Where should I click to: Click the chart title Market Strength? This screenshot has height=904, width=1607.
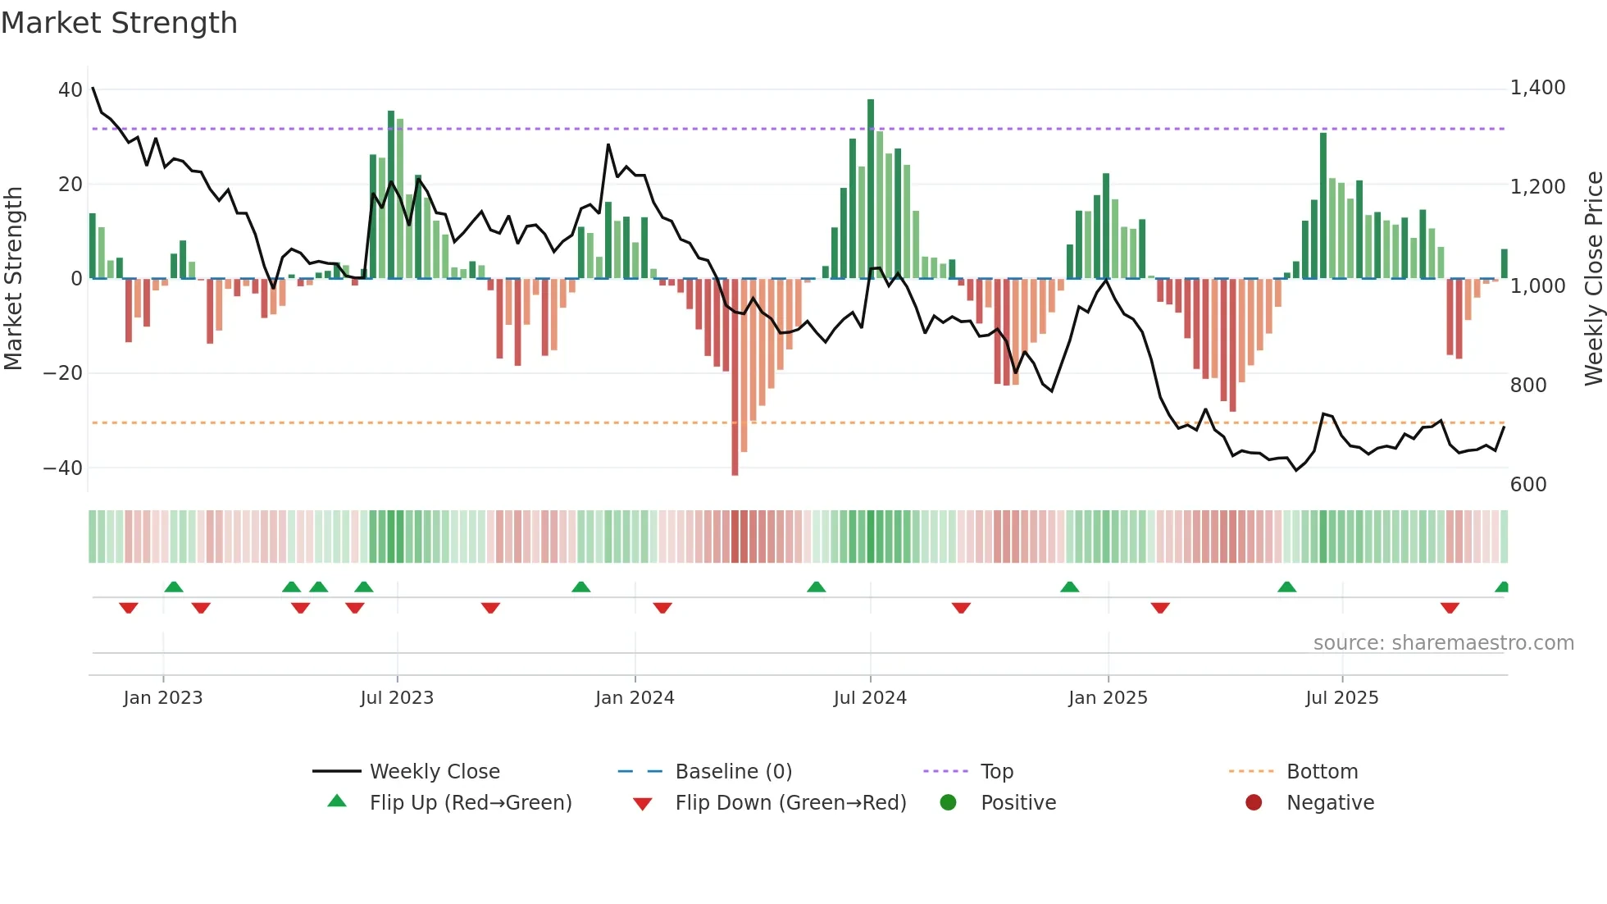(x=119, y=23)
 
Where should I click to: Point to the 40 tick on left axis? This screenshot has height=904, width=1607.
(x=71, y=89)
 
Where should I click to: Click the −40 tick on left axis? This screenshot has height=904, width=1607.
(x=63, y=468)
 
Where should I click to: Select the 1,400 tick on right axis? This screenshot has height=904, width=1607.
(x=1537, y=88)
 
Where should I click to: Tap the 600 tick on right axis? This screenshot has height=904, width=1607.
(x=1528, y=484)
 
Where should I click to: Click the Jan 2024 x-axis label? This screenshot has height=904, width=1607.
(x=635, y=697)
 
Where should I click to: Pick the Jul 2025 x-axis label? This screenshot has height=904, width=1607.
(x=1341, y=697)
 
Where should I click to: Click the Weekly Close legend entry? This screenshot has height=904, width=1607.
(x=434, y=771)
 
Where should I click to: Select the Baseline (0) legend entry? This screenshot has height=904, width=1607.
(x=733, y=771)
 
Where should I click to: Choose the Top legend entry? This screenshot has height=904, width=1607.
(x=996, y=771)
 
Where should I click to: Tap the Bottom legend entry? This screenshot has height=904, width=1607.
(x=1322, y=771)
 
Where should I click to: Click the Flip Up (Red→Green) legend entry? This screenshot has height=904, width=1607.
(x=470, y=802)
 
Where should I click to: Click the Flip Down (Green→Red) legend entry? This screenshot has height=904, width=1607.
(x=790, y=802)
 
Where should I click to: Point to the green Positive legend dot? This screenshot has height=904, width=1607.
(x=948, y=802)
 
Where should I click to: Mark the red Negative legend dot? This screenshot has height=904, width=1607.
(x=1254, y=802)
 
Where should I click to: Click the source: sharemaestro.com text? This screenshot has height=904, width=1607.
(x=1443, y=642)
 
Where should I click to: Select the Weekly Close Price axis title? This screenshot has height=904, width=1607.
(x=1593, y=279)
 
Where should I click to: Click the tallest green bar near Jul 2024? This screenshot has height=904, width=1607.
(x=871, y=189)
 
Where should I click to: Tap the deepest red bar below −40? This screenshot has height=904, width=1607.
(x=735, y=377)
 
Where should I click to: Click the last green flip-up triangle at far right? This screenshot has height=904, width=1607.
(x=1502, y=587)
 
